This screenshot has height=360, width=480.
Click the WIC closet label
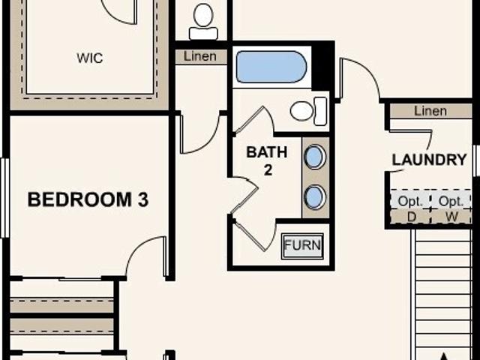click(89, 58)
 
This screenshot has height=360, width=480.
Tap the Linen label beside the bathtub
click(199, 56)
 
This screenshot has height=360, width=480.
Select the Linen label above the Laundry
click(430, 111)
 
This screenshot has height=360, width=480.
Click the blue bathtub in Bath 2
click(271, 67)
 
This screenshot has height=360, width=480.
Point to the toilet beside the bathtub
click(308, 112)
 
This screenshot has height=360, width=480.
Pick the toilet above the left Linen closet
click(203, 22)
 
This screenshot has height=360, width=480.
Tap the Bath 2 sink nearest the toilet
click(315, 157)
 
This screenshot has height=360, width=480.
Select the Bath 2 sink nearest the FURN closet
click(315, 197)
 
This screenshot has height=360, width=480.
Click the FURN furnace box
click(302, 245)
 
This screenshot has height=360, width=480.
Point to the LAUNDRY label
click(430, 160)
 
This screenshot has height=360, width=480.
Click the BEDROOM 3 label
click(88, 200)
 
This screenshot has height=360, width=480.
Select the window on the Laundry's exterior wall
click(475, 160)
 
